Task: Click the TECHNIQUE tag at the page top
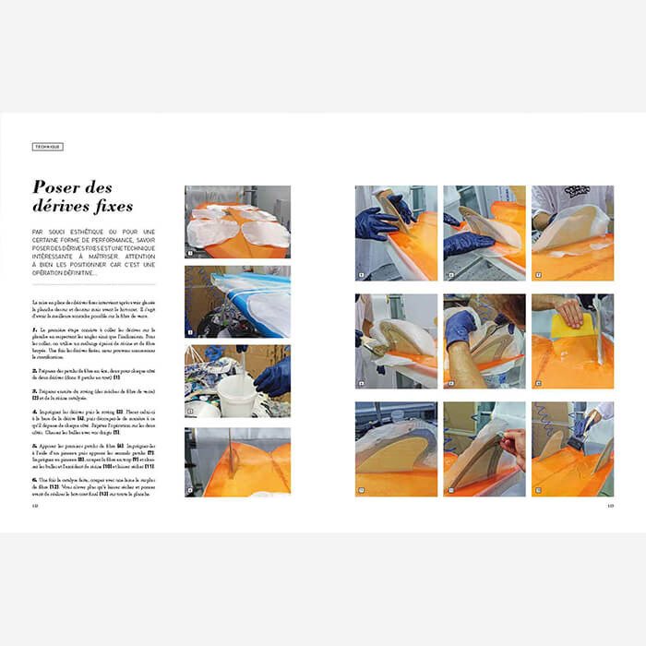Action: tap(47, 146)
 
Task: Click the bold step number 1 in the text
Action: tap(34, 329)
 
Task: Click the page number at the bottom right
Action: tap(610, 504)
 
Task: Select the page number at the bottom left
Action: tap(35, 504)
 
